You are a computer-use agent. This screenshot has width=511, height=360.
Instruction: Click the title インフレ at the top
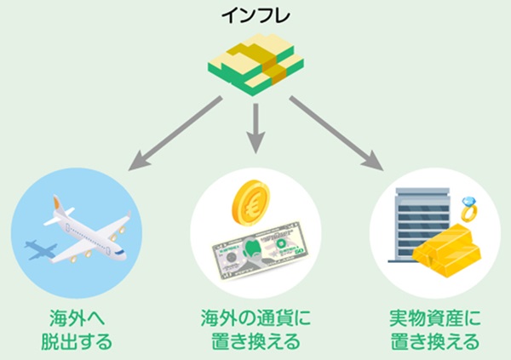255,14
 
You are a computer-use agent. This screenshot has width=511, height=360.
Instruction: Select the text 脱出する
75,343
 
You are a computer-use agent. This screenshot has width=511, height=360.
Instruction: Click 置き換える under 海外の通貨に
255,343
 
